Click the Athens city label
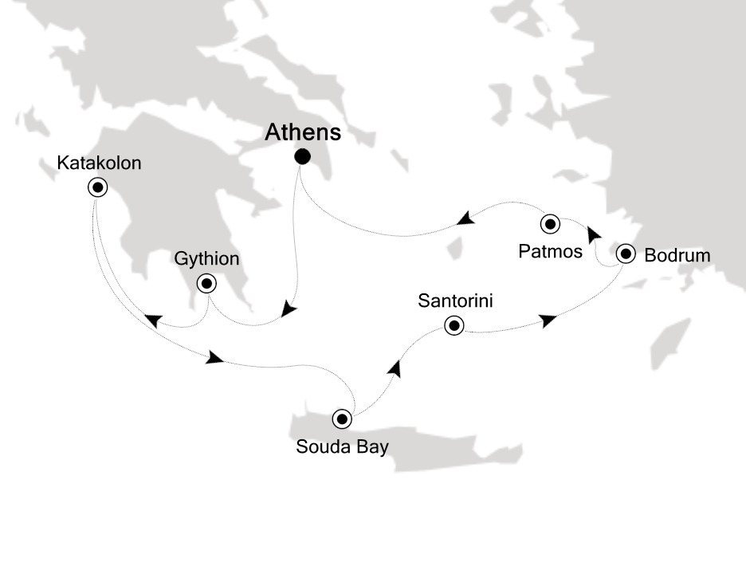coord(302,131)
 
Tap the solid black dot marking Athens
coord(302,156)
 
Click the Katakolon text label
coord(100,163)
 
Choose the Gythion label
coord(206,259)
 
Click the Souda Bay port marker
coord(342,418)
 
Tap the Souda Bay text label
coord(342,446)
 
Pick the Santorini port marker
coord(454,325)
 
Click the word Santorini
coord(454,301)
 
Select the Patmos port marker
coord(550,223)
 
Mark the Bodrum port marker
coord(626,255)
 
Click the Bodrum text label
coord(676,255)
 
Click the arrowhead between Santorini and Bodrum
coord(548,320)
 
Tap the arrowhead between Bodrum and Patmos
coord(593,234)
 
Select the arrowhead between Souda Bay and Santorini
coord(395,368)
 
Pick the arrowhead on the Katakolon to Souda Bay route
coord(214,358)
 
